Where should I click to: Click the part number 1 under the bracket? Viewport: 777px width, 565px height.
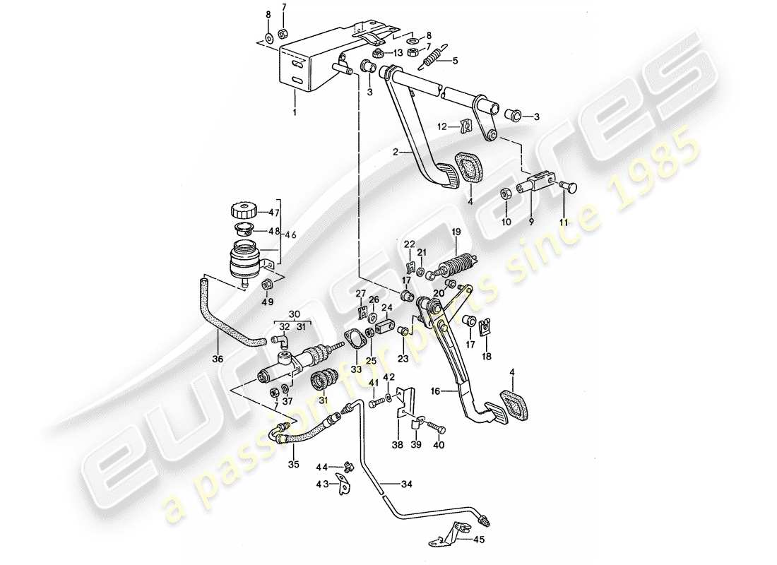pos(295,112)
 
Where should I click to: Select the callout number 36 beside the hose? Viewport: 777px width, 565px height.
pos(218,359)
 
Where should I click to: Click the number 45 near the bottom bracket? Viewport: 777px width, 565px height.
pos(455,61)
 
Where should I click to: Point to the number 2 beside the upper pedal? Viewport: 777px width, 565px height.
pos(396,152)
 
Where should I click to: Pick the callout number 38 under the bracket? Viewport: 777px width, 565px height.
pos(399,446)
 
